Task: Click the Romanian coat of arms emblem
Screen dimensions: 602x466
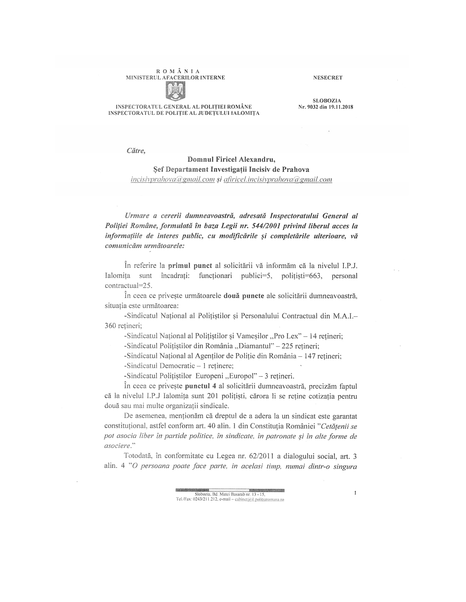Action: (175, 91)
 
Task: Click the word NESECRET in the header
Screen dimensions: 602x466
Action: (328, 78)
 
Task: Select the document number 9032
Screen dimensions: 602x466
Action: (313, 107)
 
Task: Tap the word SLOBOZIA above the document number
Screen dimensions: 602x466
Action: (326, 101)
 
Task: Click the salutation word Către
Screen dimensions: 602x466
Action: (136, 151)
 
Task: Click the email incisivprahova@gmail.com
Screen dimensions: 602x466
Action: (173, 180)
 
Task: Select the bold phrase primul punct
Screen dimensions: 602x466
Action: (190, 266)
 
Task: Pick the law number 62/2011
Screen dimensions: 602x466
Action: (258, 456)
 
